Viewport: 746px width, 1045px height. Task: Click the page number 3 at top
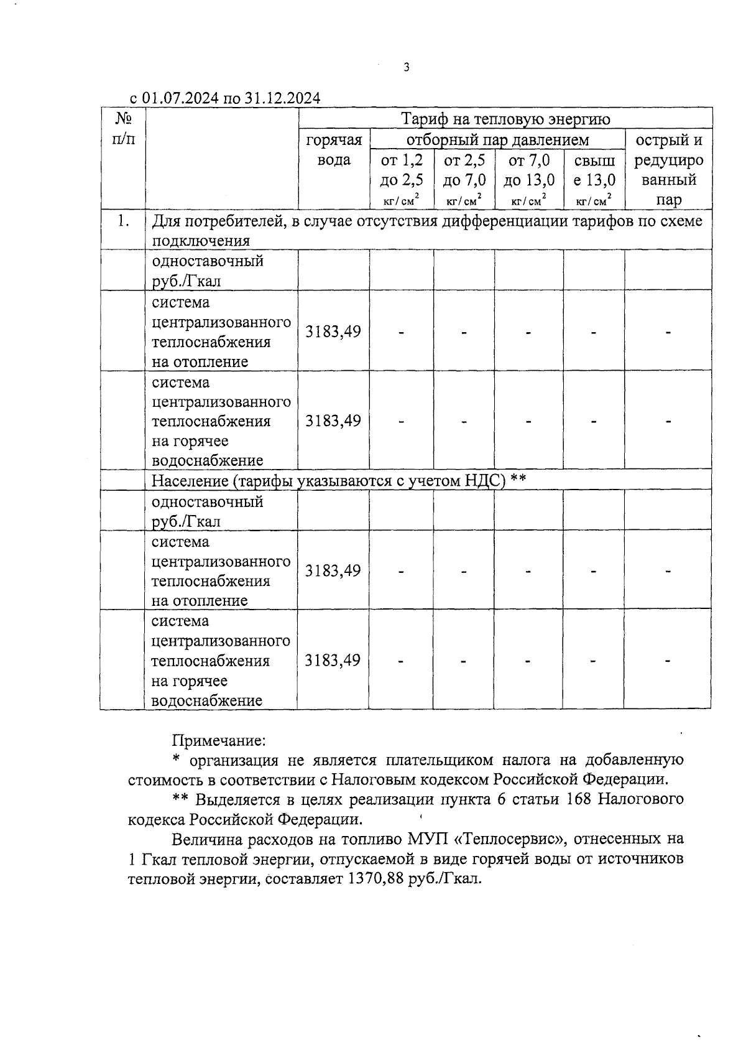[x=406, y=68]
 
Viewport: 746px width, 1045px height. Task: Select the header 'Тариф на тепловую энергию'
[x=505, y=119]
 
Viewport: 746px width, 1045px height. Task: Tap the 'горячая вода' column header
[x=334, y=150]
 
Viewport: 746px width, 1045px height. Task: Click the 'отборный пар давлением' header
[x=497, y=139]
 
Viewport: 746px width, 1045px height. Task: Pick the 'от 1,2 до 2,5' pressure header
[x=402, y=170]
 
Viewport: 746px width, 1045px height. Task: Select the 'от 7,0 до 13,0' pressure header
[x=529, y=170]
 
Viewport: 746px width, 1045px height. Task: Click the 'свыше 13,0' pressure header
[x=594, y=170]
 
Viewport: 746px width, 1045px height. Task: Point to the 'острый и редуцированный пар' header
[x=668, y=169]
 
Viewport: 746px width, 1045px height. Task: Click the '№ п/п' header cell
[x=122, y=129]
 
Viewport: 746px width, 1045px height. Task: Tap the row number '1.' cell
[x=122, y=221]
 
